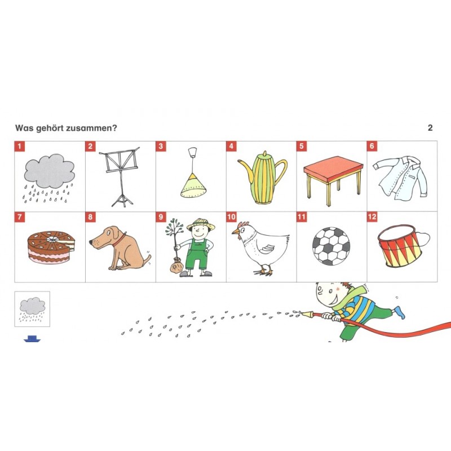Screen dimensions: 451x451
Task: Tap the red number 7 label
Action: [20, 217]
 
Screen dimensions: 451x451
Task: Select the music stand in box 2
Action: [120, 176]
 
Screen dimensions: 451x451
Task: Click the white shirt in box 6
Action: [401, 178]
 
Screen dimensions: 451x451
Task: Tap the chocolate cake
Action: [51, 247]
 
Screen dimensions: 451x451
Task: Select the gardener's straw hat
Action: [201, 224]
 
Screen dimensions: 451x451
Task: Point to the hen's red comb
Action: [243, 224]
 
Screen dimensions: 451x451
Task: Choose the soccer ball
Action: [331, 246]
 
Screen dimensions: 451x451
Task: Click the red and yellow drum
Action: [399, 246]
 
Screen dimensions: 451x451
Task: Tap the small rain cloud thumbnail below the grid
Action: [32, 309]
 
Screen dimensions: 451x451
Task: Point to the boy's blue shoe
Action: [399, 312]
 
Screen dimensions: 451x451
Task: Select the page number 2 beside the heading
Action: [430, 128]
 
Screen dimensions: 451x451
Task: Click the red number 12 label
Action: [372, 217]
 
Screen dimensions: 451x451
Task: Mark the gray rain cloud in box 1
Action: [50, 171]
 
